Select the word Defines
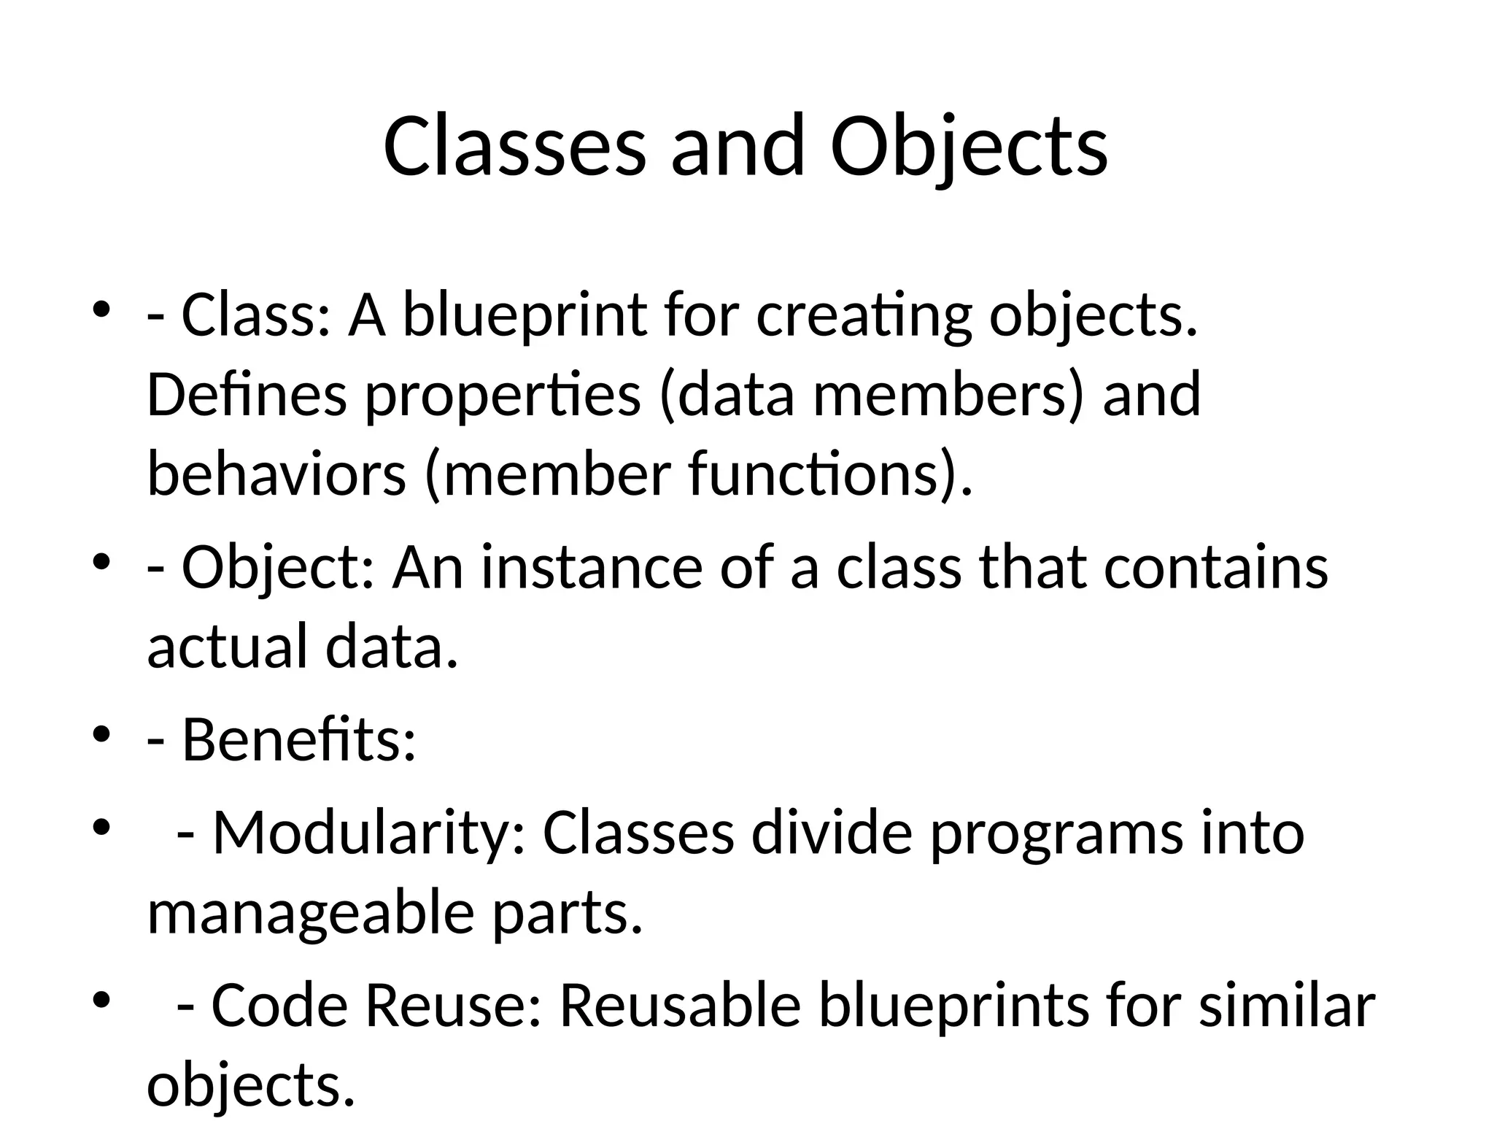(x=247, y=394)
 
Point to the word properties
(x=503, y=396)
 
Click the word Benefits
(x=298, y=740)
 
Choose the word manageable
(x=311, y=914)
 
